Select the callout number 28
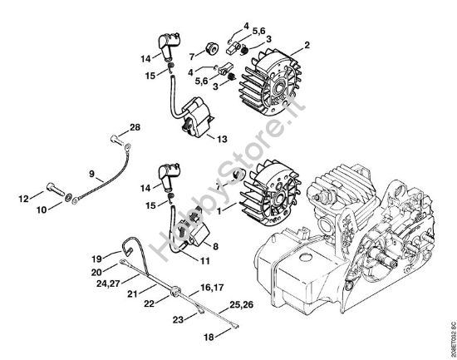[x=135, y=127]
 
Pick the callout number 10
[x=42, y=209]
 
